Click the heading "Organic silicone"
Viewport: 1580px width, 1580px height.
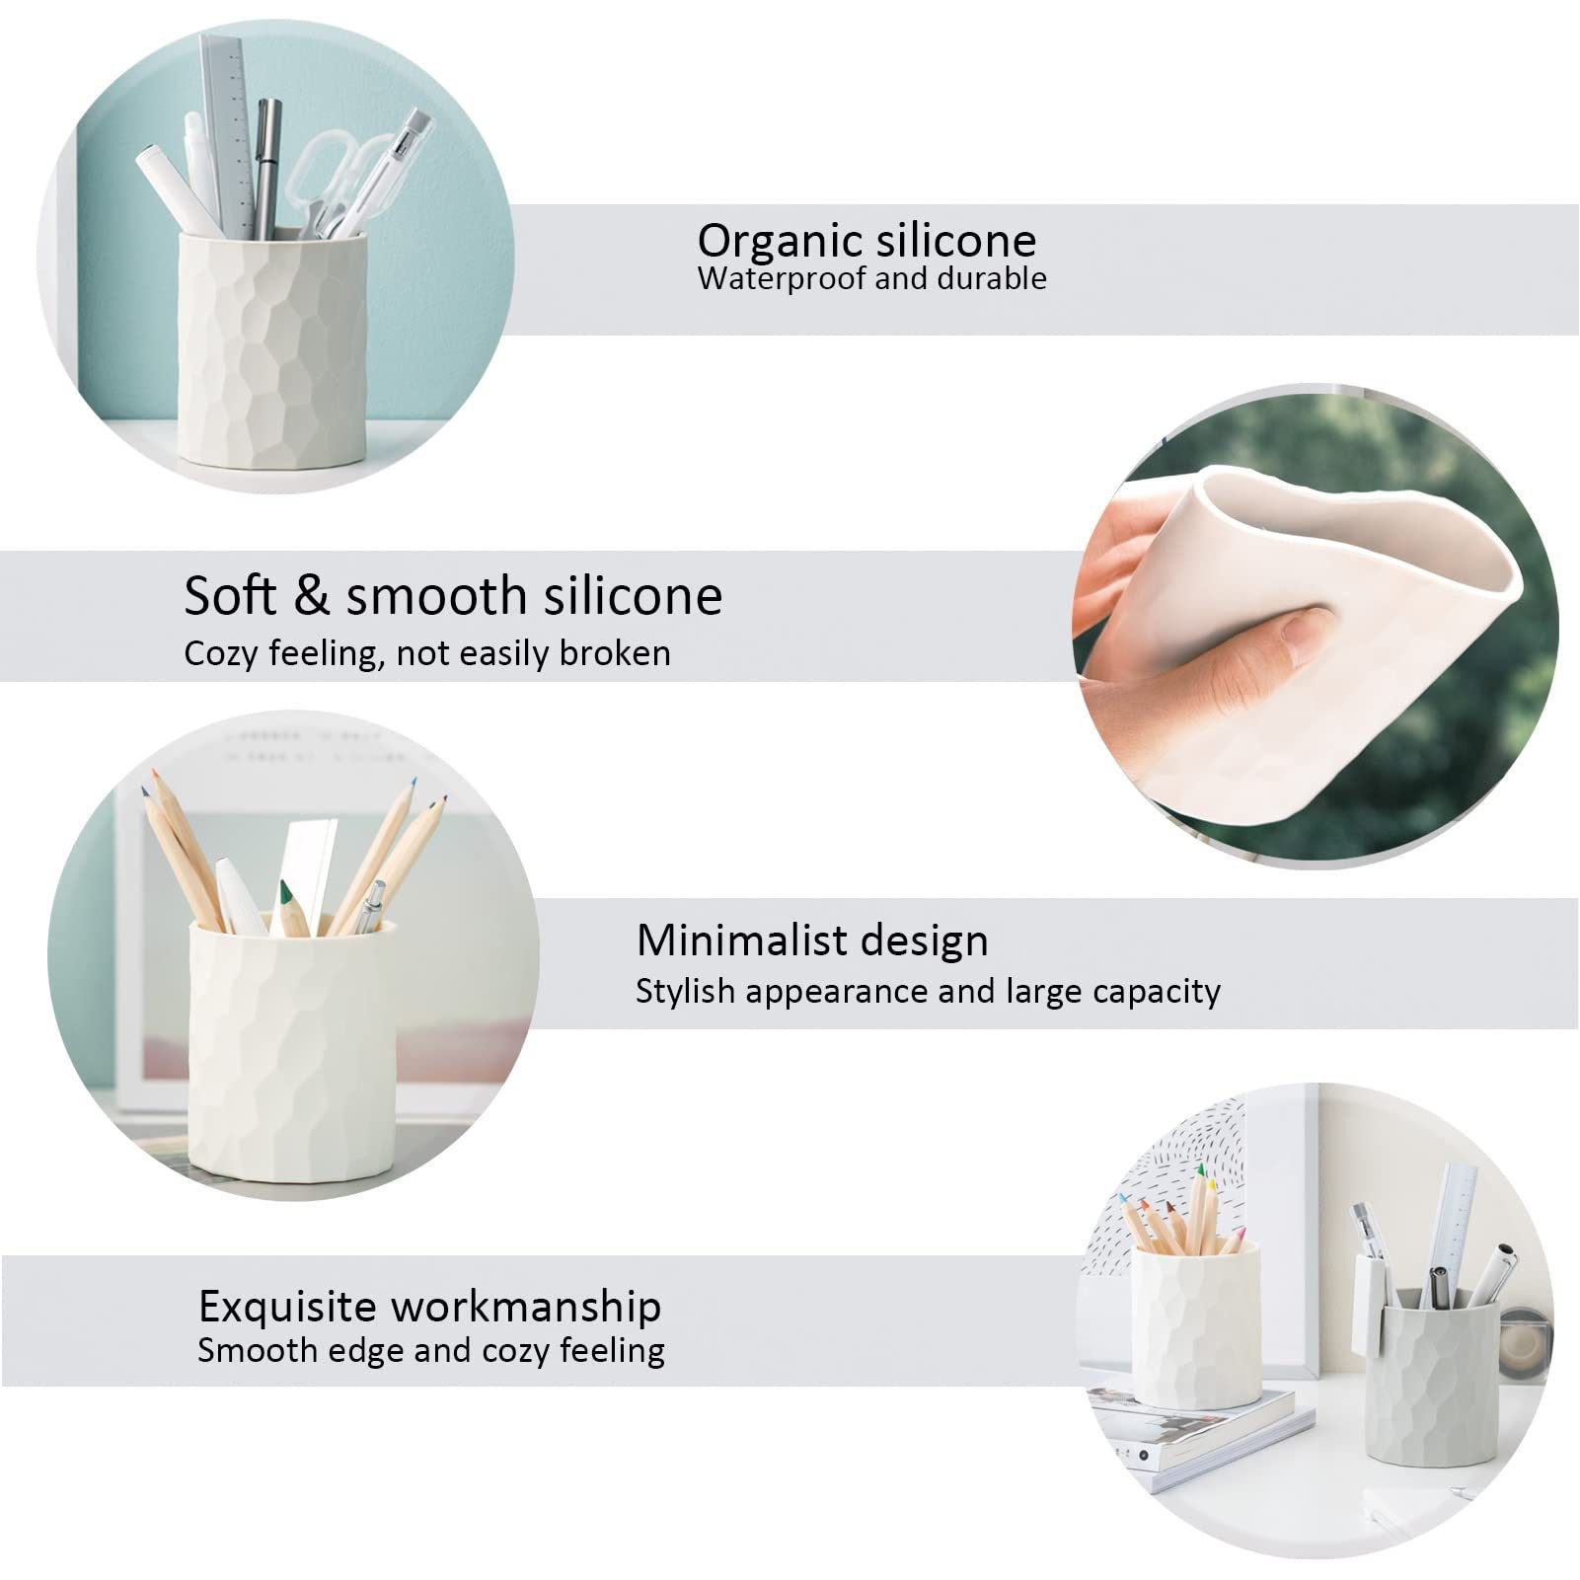click(866, 241)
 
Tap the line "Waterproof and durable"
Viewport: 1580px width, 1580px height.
click(871, 279)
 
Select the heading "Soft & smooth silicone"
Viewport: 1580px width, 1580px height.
click(453, 596)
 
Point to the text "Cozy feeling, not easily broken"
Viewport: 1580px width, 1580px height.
click(427, 653)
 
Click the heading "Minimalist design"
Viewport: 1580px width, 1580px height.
click(812, 940)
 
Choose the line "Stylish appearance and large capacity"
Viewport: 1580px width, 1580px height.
click(928, 991)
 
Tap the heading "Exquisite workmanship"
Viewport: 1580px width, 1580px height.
click(429, 1307)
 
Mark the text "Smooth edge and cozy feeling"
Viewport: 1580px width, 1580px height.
click(431, 1350)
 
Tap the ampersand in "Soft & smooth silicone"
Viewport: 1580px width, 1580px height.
click(310, 596)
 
